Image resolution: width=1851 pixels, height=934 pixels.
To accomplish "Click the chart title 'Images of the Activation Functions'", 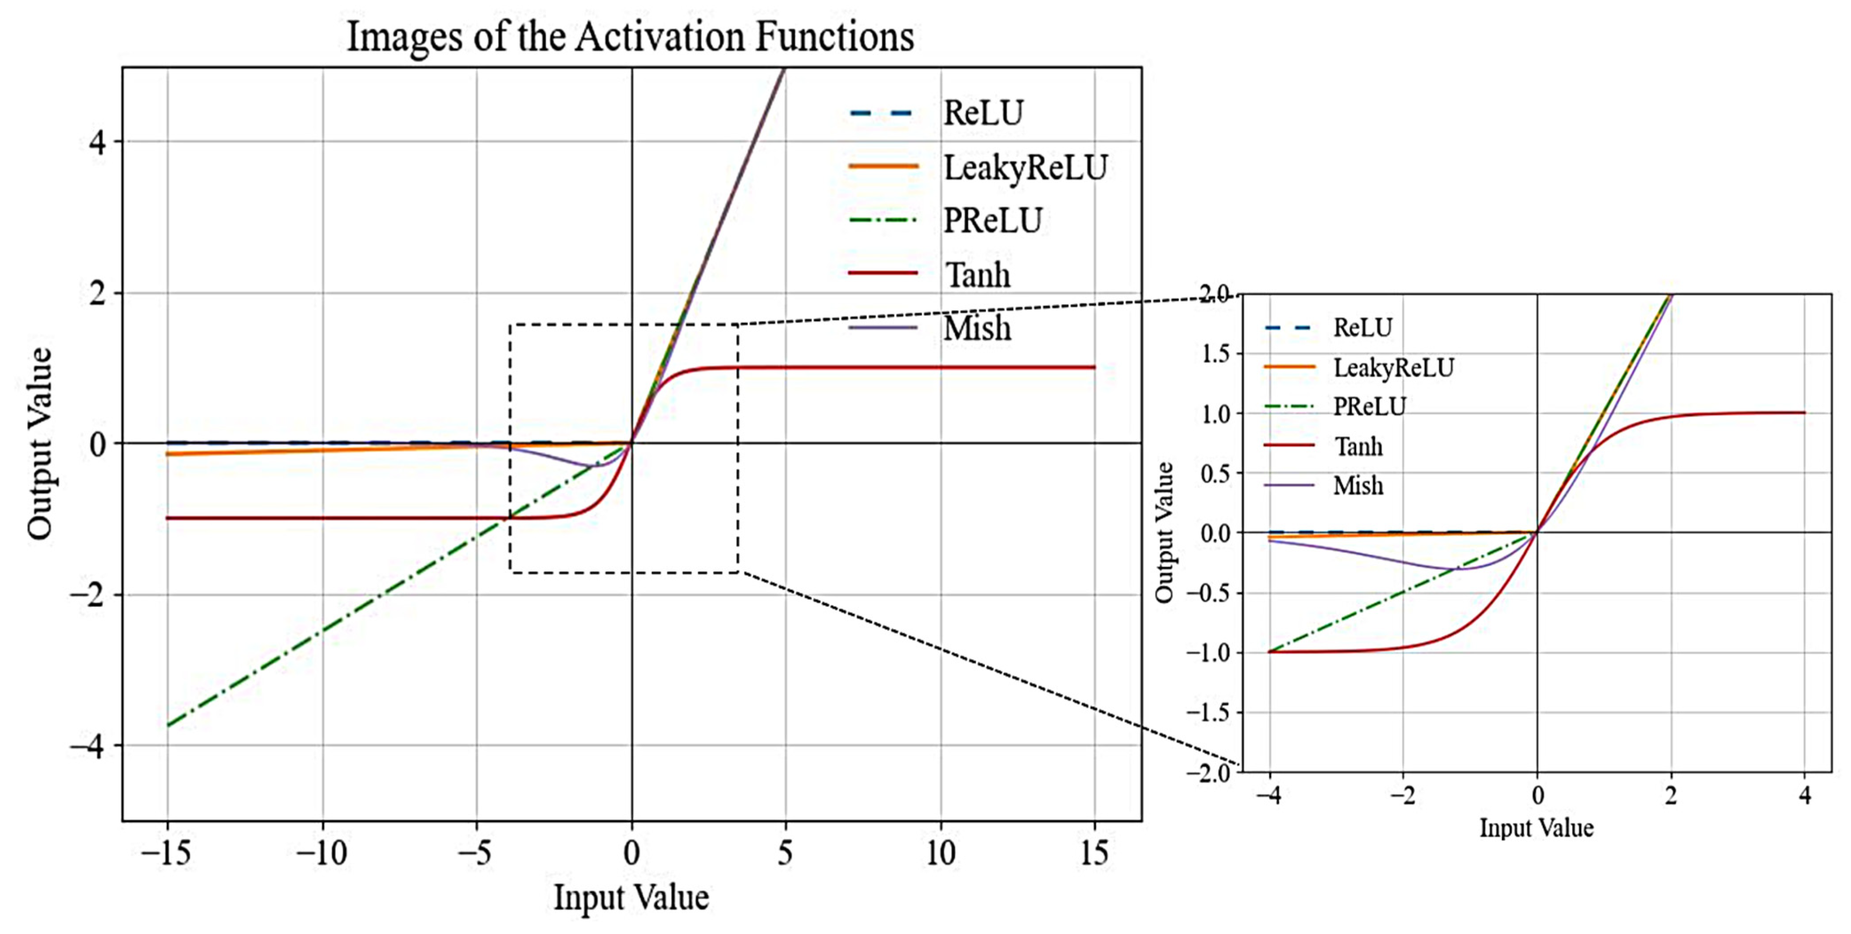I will (630, 37).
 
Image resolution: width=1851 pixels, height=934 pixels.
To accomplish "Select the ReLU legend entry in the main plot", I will (982, 113).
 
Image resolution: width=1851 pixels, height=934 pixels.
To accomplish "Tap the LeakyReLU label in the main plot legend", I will (1025, 167).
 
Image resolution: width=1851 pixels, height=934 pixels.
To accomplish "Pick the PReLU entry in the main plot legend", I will (992, 221).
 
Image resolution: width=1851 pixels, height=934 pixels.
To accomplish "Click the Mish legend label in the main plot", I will (977, 328).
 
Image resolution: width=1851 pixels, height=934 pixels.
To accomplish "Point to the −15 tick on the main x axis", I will (166, 854).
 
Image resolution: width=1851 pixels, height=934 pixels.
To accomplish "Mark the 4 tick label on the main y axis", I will (97, 142).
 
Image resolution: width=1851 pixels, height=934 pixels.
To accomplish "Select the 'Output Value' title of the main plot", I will (40, 443).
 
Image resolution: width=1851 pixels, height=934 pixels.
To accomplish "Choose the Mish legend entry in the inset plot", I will (1357, 487).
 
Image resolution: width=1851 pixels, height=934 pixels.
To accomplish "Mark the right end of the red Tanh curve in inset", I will (1804, 412).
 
